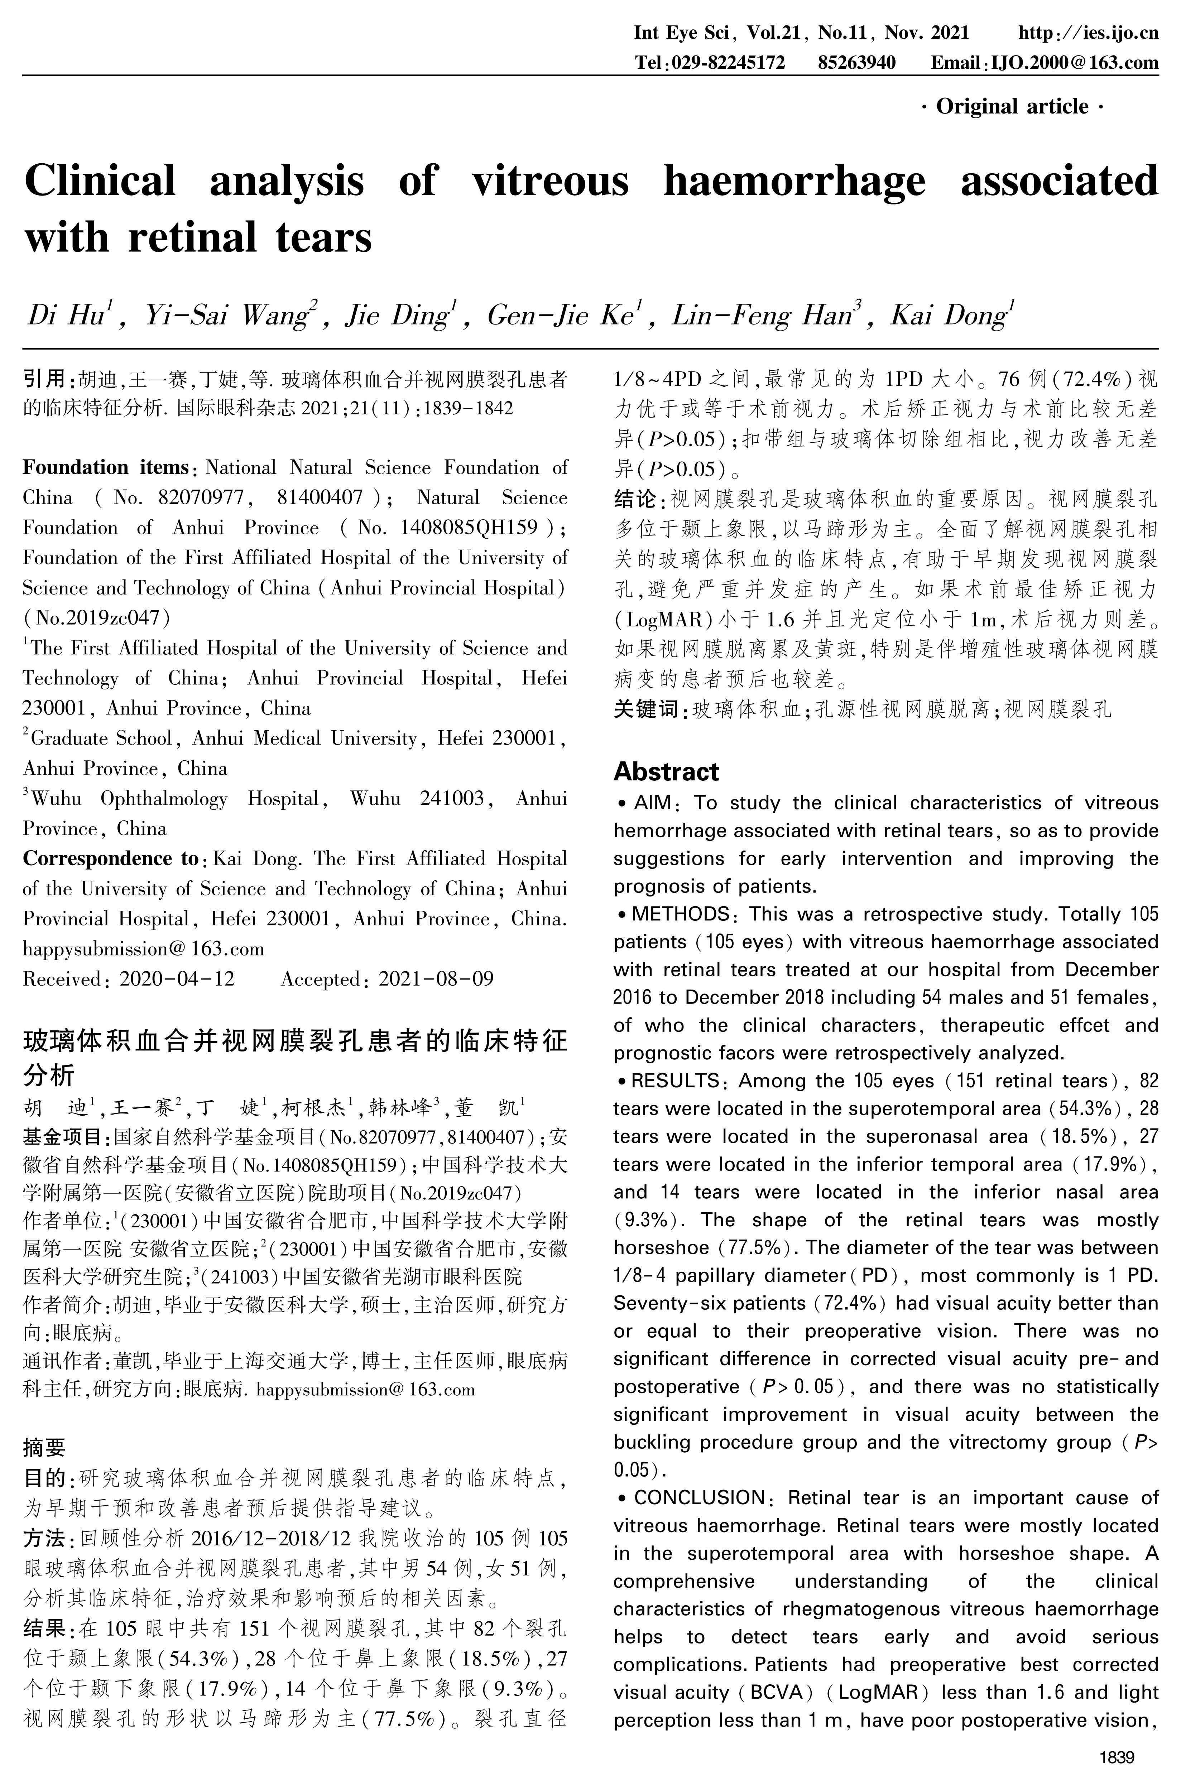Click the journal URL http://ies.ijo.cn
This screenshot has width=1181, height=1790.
coord(1088,32)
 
